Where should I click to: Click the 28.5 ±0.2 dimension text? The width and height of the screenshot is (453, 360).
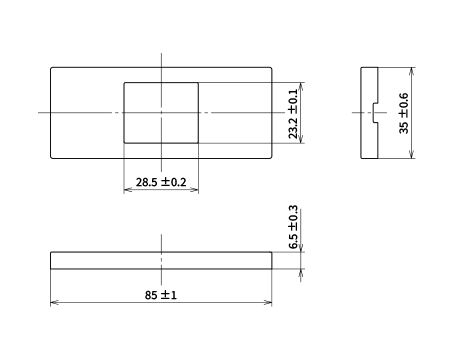click(161, 182)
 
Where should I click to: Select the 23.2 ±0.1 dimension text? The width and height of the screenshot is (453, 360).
click(293, 114)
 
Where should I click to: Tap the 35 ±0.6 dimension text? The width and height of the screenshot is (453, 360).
click(403, 113)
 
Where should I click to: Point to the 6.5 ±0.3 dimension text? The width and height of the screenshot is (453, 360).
click(293, 227)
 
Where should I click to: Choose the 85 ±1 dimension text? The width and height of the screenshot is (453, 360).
click(161, 295)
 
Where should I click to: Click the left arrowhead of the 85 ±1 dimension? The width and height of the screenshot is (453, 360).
click(55, 303)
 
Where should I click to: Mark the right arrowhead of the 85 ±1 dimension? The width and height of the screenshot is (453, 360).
click(268, 303)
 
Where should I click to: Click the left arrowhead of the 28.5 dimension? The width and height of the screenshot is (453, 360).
click(128, 190)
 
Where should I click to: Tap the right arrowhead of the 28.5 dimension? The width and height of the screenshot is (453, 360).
click(194, 190)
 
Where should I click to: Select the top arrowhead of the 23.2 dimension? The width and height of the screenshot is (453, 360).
click(301, 87)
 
